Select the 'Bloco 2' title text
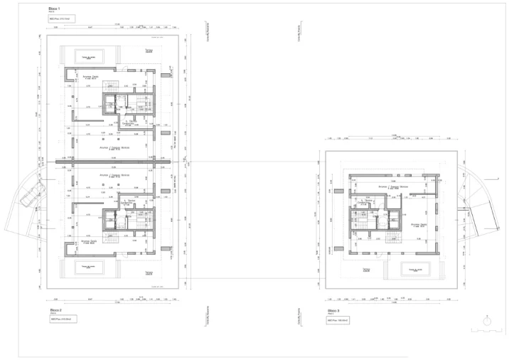pos(55,310)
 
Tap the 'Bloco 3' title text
pos(333,311)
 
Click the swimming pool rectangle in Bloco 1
pos(89,55)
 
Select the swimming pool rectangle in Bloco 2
pos(89,268)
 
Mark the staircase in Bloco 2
pos(111,220)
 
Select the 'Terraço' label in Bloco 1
pos(149,51)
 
